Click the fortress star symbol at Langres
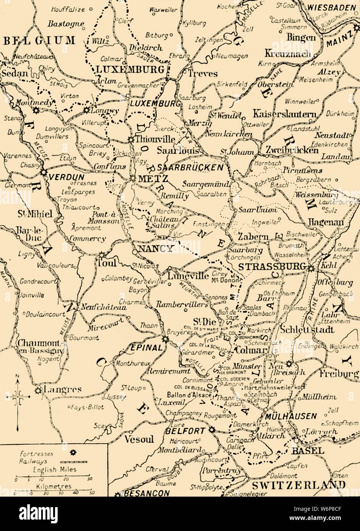pyautogui.click(x=38, y=390)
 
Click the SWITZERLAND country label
pyautogui.click(x=299, y=484)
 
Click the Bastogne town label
pyautogui.click(x=66, y=24)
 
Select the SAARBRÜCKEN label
pyautogui.click(x=190, y=167)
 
